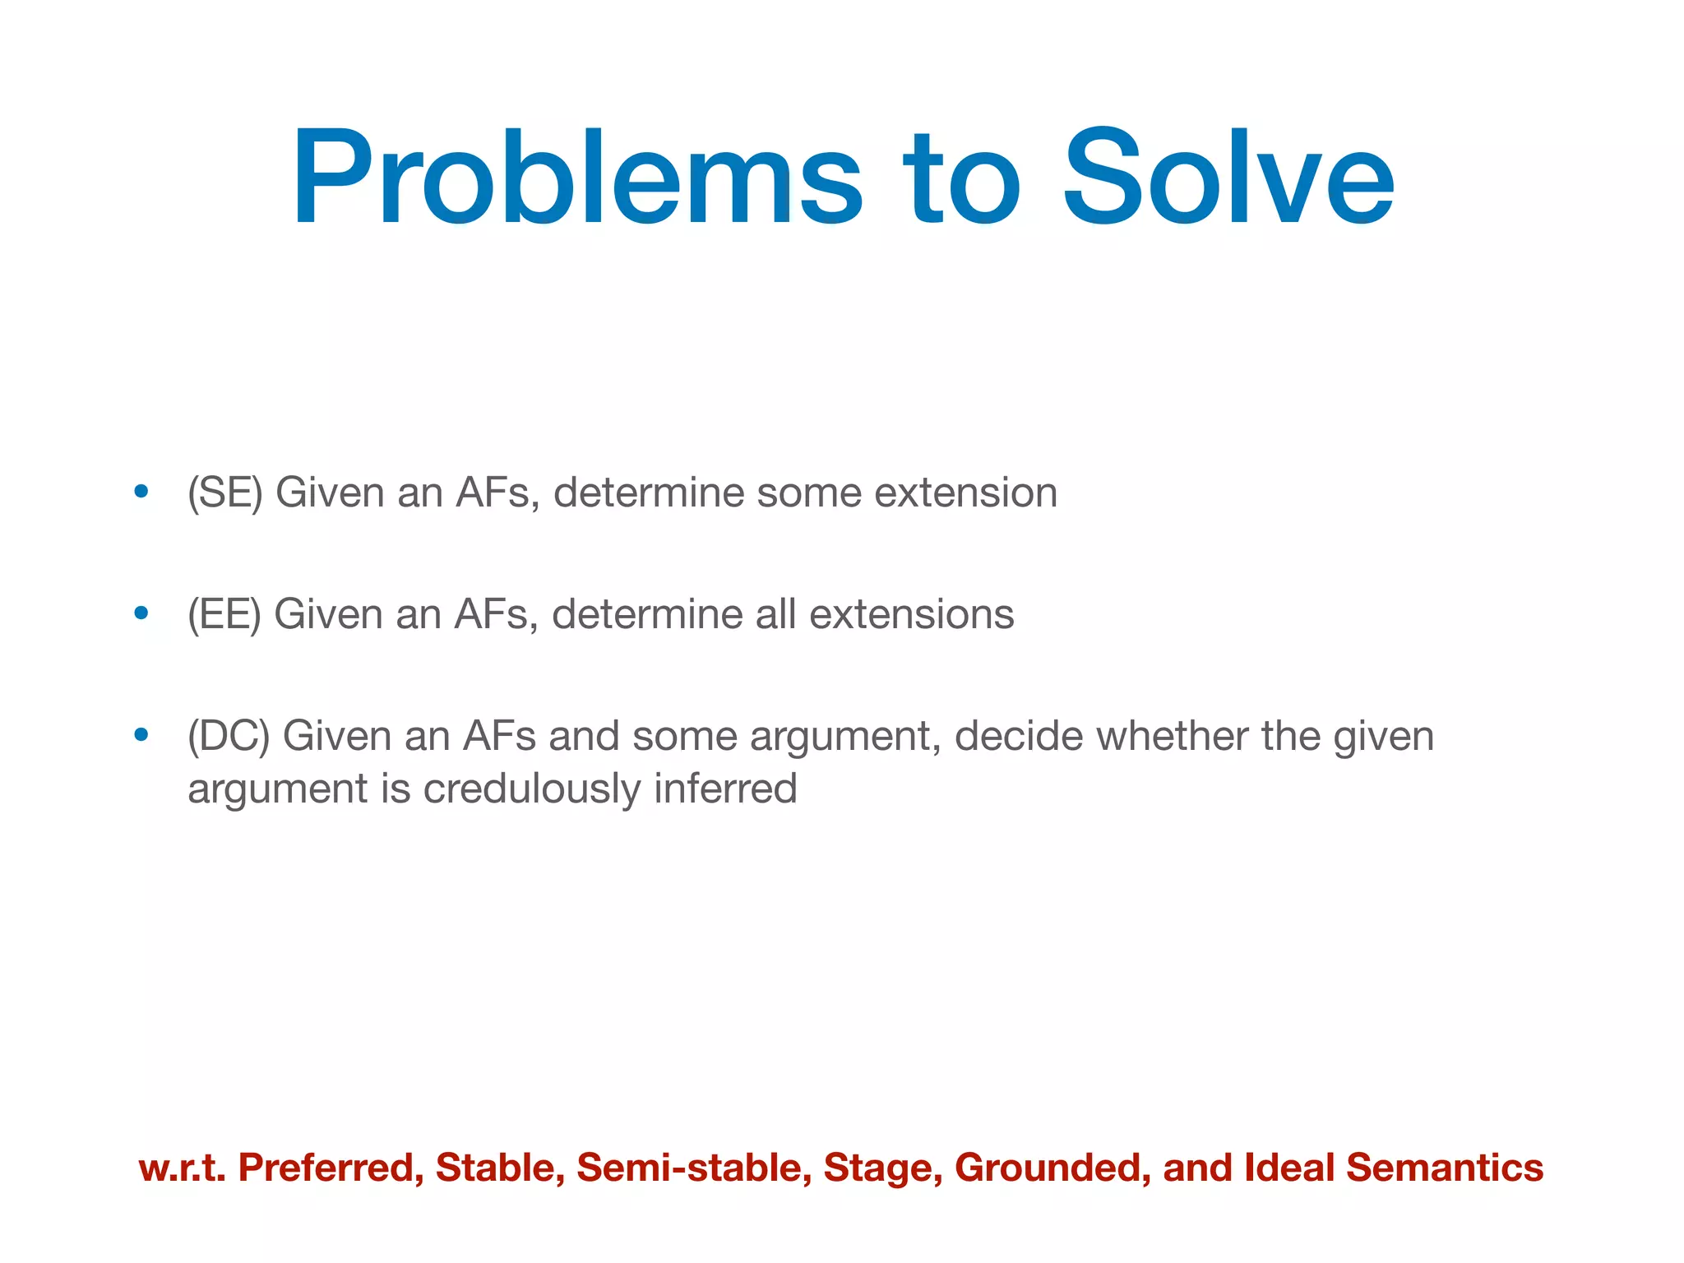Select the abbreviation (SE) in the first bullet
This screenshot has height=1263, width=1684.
224,493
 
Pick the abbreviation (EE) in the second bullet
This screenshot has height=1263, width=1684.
224,615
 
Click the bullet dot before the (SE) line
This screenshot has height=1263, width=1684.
141,492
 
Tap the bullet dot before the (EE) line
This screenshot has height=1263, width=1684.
141,613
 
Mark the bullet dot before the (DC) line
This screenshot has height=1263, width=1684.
141,735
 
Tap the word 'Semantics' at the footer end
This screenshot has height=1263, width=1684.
1444,1168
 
